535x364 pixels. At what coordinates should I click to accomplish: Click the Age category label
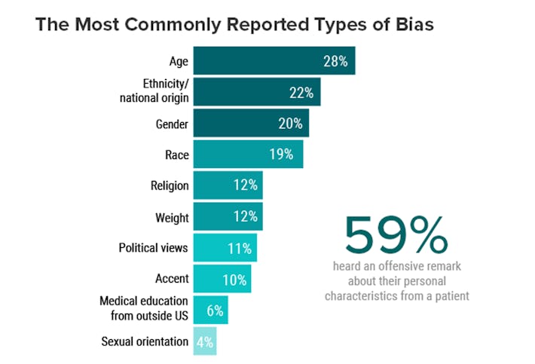click(x=179, y=61)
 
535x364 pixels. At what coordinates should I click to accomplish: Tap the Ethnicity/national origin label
click(x=155, y=91)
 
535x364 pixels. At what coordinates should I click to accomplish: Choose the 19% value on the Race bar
click(x=281, y=155)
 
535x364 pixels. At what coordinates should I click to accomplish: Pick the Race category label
click(x=177, y=155)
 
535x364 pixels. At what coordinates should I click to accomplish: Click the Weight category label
click(x=173, y=217)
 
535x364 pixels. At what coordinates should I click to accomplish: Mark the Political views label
click(x=153, y=247)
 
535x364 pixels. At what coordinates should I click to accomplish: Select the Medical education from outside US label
click(x=144, y=309)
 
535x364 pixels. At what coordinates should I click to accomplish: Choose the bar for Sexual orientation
click(x=205, y=341)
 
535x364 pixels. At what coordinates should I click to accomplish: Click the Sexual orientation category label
click(x=145, y=341)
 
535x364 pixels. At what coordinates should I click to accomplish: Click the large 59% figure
click(x=396, y=236)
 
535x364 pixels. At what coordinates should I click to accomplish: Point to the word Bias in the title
click(x=412, y=24)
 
